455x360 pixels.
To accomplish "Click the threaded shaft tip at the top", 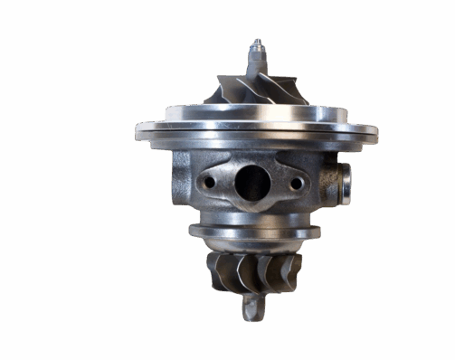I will click(x=256, y=47).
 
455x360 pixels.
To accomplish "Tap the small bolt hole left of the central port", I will click(x=210, y=182).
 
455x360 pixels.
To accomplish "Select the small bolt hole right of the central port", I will click(x=294, y=184).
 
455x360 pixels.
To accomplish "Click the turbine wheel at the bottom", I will click(x=254, y=270).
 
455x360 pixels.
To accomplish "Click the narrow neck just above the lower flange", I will click(x=253, y=216).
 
